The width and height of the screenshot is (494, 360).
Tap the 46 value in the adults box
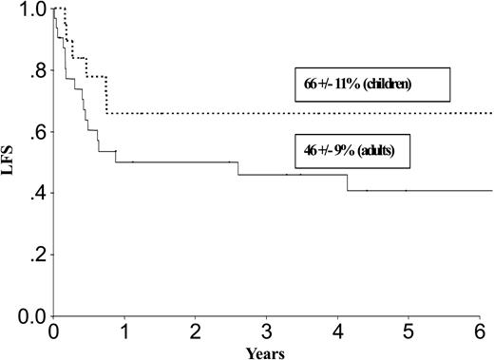pos(303,150)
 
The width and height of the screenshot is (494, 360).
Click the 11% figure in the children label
pos(343,84)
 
